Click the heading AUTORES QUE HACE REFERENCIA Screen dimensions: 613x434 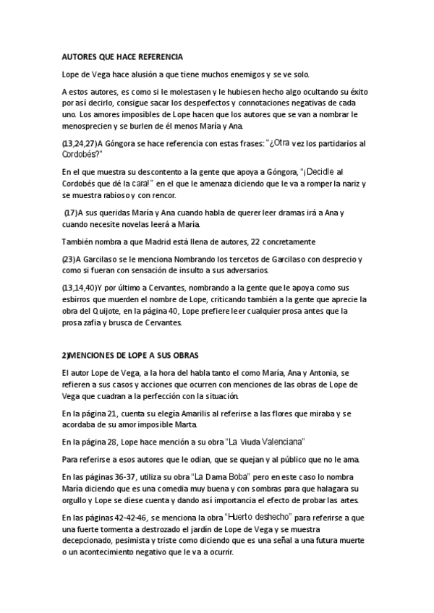pyautogui.click(x=122, y=56)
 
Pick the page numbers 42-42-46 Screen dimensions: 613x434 pyautogui.click(x=133, y=518)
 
